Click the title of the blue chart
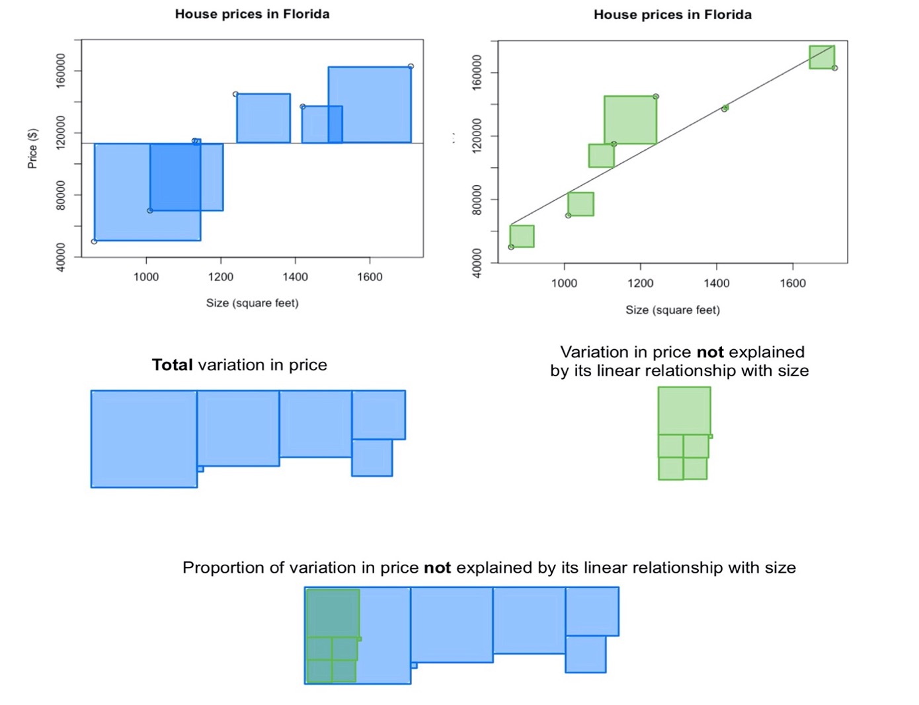(x=252, y=14)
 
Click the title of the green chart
(x=672, y=15)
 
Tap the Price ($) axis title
(x=32, y=148)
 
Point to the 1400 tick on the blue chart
(x=295, y=277)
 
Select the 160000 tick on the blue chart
(x=61, y=70)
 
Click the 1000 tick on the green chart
(x=564, y=284)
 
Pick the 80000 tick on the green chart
(x=477, y=200)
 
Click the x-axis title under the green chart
(x=672, y=310)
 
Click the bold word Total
(x=172, y=365)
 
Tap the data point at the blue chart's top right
(x=411, y=66)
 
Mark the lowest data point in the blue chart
(x=94, y=241)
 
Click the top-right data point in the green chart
(x=834, y=68)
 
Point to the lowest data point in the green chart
(x=511, y=247)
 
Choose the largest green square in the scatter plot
(x=630, y=120)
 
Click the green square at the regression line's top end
(x=822, y=57)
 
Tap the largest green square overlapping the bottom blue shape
(x=333, y=613)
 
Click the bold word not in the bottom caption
(x=437, y=568)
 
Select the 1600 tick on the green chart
(x=793, y=284)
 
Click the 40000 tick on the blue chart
(x=61, y=257)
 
